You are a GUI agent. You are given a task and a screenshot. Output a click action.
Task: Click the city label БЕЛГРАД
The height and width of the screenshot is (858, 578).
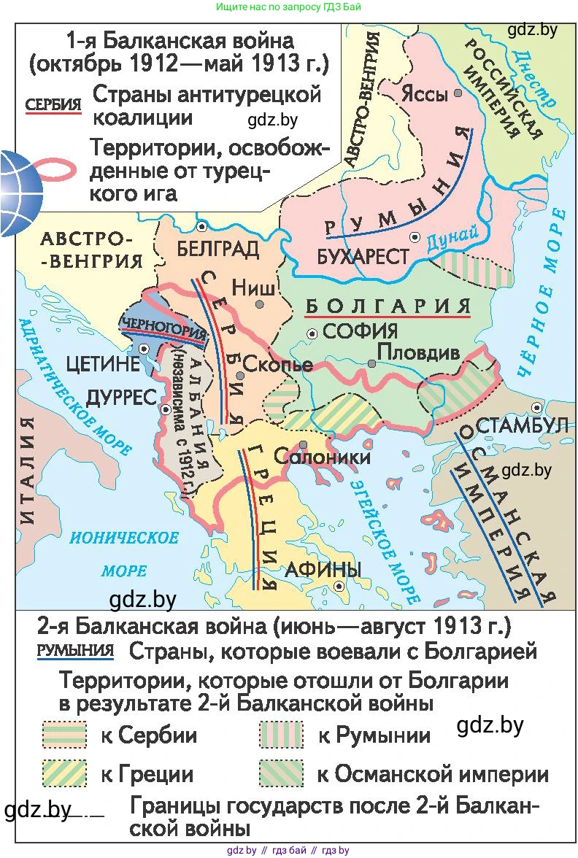click(x=218, y=249)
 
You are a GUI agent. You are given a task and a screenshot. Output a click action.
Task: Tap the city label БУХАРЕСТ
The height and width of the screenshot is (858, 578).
click(x=363, y=257)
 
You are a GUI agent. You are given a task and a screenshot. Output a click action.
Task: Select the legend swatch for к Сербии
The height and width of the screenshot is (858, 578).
click(x=64, y=734)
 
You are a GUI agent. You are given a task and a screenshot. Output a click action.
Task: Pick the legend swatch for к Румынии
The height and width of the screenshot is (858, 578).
click(x=280, y=734)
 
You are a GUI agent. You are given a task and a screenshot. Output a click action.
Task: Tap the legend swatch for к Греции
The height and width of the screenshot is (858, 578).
click(x=64, y=773)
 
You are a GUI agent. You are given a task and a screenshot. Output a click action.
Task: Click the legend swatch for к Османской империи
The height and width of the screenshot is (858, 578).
click(x=280, y=773)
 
